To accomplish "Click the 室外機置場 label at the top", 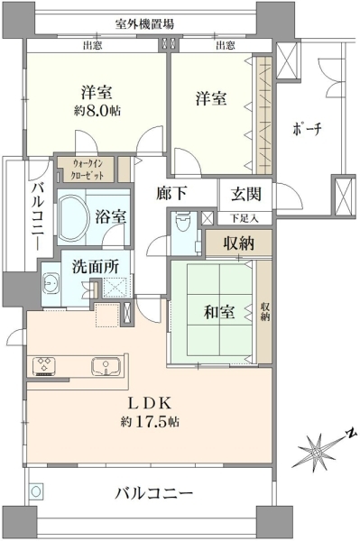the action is point(144,24).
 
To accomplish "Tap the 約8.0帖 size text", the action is point(97,111).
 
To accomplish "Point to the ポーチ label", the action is point(307,129).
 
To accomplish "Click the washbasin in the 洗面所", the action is point(51,284).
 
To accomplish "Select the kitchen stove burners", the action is point(44,366).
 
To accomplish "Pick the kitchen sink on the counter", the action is point(106,366).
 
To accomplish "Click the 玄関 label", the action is point(246,194).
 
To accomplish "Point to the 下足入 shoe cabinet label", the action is point(245,218).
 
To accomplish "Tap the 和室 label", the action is point(219,312).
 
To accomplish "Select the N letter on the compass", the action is point(351,433).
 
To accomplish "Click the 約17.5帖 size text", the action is point(150,421).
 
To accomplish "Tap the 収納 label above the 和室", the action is point(238,243).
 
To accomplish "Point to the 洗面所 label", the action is point(96,267).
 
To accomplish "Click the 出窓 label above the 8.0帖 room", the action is point(93,45).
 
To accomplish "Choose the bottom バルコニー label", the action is point(154,493).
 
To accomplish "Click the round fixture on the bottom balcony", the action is point(36,491).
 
